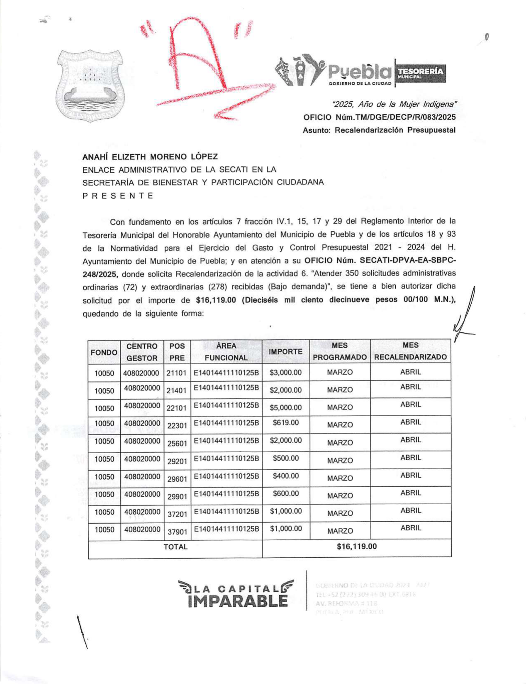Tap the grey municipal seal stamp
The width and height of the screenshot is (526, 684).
[90, 85]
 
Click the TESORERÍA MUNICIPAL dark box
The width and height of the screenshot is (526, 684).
[421, 74]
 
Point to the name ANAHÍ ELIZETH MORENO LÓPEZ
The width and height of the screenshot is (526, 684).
[150, 157]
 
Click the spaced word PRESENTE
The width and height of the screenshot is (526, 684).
[118, 196]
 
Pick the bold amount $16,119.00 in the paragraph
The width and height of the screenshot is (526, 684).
[216, 300]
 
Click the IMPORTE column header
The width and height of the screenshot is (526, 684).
[285, 352]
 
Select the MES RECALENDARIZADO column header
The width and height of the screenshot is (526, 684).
[410, 351]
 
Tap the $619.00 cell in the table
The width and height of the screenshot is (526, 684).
[285, 423]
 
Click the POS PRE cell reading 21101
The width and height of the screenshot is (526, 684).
[177, 373]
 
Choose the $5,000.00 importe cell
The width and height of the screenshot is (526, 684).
[285, 407]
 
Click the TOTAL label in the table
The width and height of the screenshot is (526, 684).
[175, 547]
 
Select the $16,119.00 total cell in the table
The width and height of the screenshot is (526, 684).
[357, 547]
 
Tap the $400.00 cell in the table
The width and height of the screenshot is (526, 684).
[285, 476]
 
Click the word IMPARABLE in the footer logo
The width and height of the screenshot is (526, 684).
[238, 601]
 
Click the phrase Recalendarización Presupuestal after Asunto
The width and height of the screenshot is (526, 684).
[395, 130]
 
